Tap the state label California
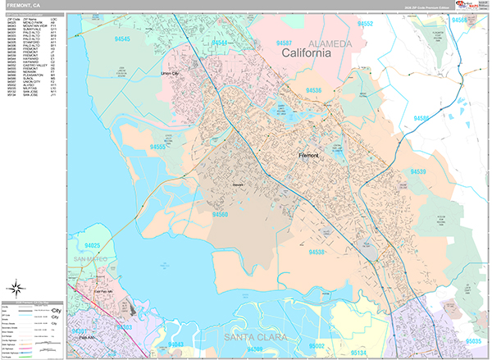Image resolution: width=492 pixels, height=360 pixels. [x=306, y=52]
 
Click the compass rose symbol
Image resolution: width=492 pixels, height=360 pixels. [x=15, y=288]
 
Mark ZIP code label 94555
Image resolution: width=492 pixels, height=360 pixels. [x=160, y=147]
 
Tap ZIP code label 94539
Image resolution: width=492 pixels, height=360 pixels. [x=418, y=172]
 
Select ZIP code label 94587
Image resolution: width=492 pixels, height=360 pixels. [x=285, y=42]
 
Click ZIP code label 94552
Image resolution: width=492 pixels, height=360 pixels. [x=365, y=25]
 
